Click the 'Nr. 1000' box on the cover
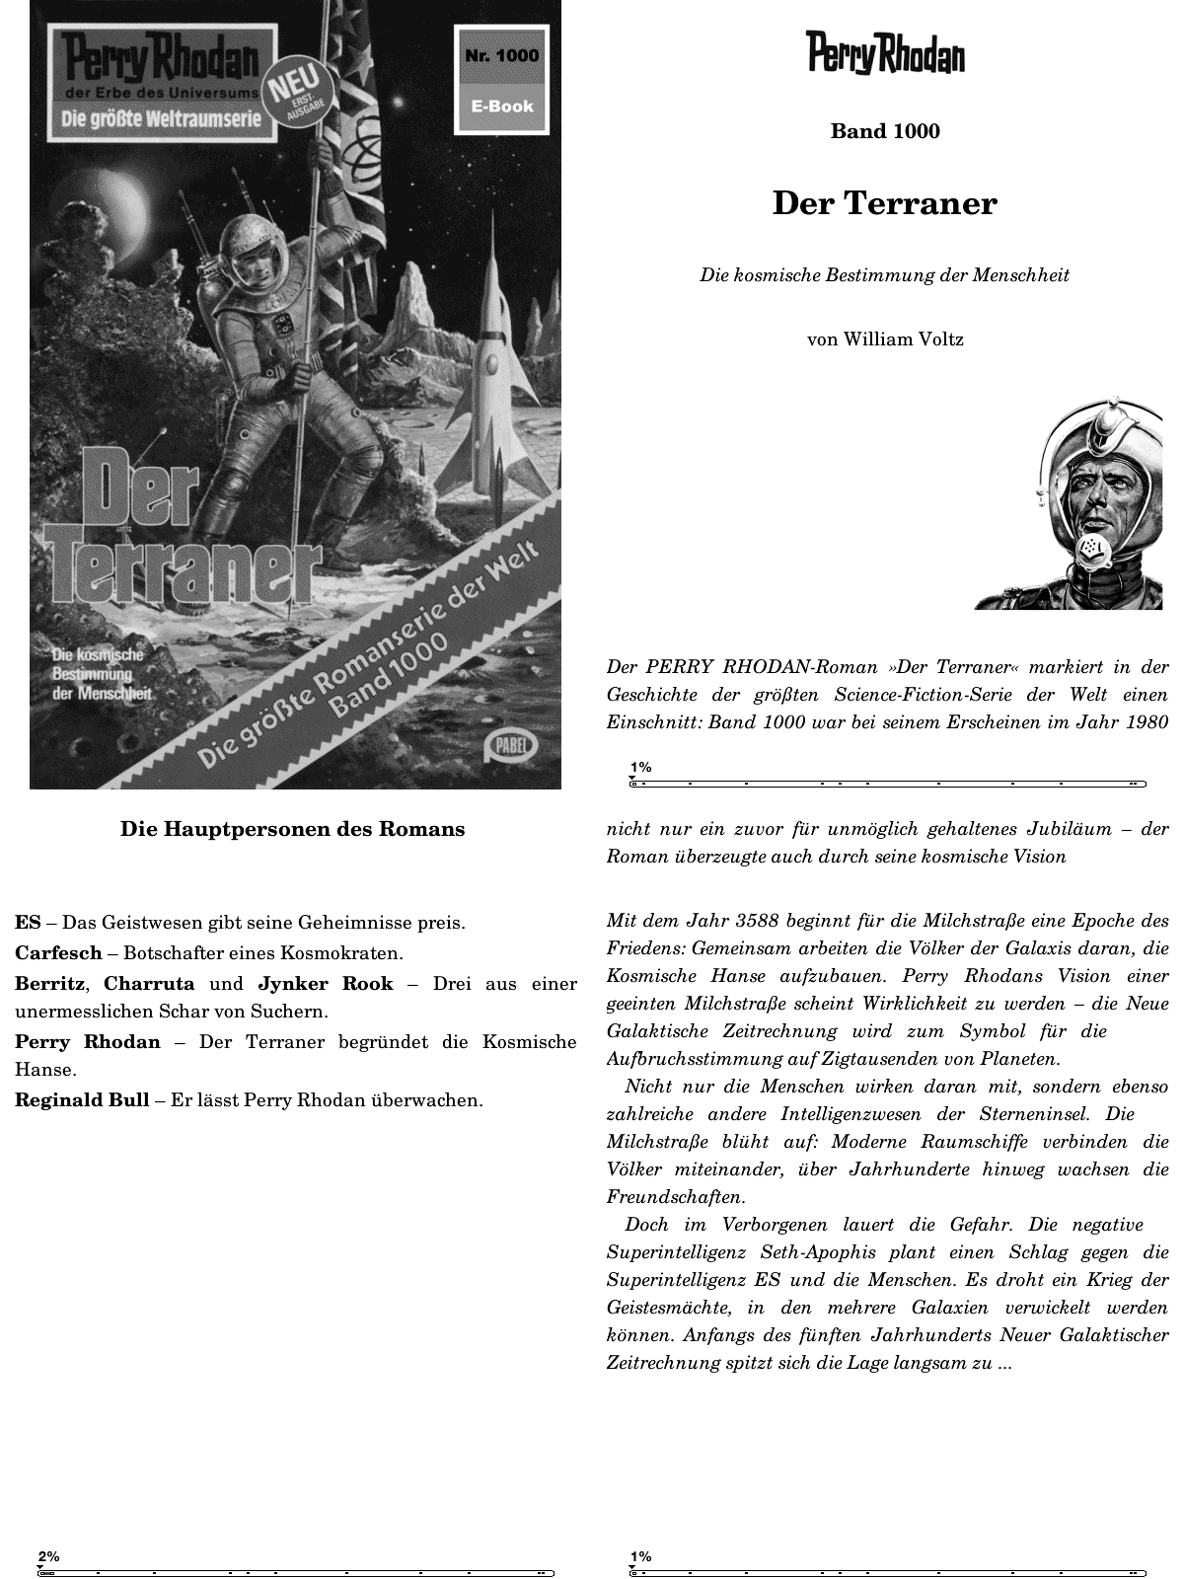[x=501, y=55]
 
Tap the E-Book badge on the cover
[x=501, y=107]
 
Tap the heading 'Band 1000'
[x=885, y=131]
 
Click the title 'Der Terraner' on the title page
[x=885, y=203]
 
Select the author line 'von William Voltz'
[x=885, y=339]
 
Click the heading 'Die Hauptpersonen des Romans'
[x=292, y=829]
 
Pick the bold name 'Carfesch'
[x=58, y=953]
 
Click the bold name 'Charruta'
[x=149, y=984]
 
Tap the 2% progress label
[x=48, y=1557]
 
